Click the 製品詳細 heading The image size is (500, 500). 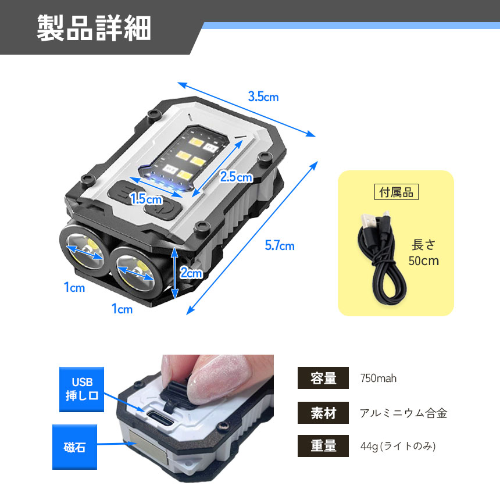(x=94, y=28)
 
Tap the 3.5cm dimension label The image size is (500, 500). (x=263, y=97)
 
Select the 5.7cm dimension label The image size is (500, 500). (x=280, y=245)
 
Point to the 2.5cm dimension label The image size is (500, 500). (x=236, y=177)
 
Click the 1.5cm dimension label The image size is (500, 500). (x=147, y=199)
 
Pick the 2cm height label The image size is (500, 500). (x=191, y=273)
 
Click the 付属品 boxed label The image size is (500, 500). (x=397, y=192)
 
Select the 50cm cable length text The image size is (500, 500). (x=424, y=261)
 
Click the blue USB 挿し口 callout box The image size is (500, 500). (x=81, y=390)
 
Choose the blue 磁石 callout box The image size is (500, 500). (x=74, y=447)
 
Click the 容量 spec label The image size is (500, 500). (x=323, y=378)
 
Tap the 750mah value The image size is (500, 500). (x=378, y=378)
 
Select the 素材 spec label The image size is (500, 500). (x=323, y=413)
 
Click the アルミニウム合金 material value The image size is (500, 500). (x=403, y=413)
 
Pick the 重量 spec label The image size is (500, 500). (x=323, y=446)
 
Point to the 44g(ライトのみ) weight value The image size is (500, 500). (x=398, y=446)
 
